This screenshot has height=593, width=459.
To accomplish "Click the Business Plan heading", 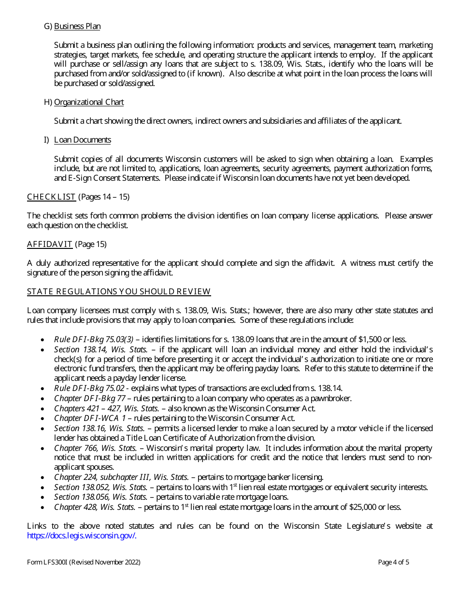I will [77, 26].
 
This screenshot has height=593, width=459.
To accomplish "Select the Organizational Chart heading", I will [89, 102].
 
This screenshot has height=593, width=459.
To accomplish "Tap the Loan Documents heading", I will [82, 140].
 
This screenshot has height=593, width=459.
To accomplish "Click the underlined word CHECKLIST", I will [51, 197].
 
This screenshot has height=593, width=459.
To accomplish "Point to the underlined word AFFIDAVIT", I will [50, 244].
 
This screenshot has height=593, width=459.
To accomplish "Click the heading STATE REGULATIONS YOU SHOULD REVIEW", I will [119, 291].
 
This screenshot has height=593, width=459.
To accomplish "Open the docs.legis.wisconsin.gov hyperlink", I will [82, 535].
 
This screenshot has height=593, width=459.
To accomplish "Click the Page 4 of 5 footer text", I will [393, 562].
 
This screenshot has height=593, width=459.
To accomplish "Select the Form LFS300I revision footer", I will [84, 562].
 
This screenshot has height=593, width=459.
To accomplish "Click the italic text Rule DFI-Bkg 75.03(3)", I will [94, 339].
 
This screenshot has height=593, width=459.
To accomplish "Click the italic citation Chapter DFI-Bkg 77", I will [89, 398].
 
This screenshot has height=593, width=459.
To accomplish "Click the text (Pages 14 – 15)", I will [103, 197].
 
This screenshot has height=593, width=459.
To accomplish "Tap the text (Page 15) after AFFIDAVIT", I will [91, 244].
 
